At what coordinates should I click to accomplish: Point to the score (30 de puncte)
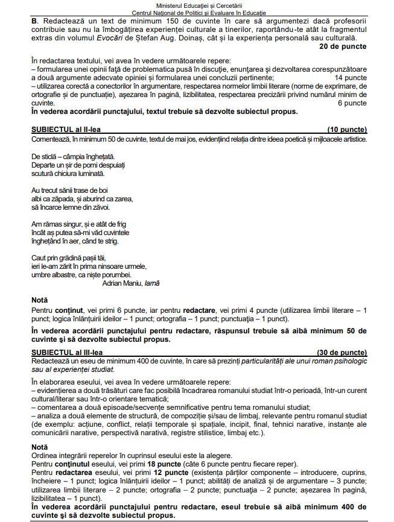(x=342, y=351)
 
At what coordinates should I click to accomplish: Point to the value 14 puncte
(x=350, y=78)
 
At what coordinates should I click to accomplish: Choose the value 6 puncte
(x=352, y=103)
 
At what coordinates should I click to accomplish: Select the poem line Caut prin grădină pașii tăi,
(x=72, y=257)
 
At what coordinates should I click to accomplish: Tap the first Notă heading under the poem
(x=40, y=300)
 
